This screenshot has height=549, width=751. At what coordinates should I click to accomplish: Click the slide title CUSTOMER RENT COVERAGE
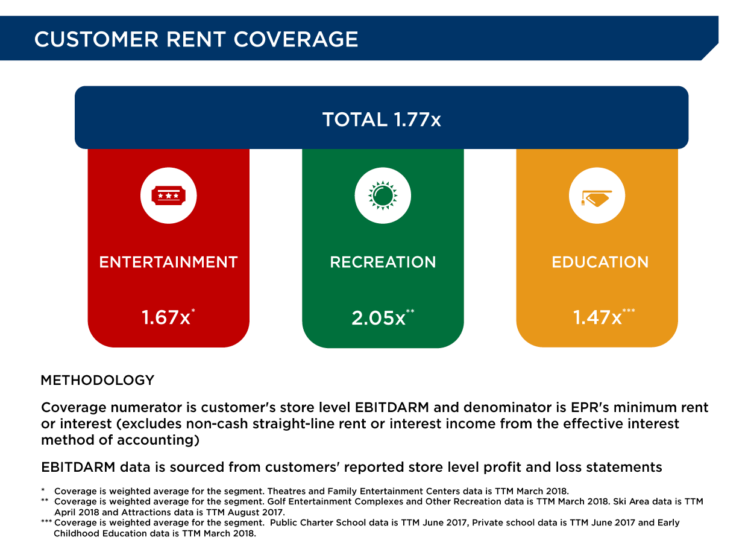[196, 39]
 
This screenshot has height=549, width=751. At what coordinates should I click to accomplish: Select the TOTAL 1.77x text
[382, 119]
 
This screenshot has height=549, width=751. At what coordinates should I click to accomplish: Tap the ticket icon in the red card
[169, 195]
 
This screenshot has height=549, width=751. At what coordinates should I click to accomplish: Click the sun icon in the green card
[383, 195]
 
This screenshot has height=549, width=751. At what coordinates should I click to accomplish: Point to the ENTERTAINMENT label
[169, 262]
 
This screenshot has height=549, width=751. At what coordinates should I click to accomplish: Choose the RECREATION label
[383, 262]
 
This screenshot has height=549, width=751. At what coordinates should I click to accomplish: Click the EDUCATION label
[600, 262]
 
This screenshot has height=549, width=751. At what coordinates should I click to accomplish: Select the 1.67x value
[166, 317]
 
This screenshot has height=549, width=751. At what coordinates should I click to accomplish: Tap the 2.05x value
[379, 318]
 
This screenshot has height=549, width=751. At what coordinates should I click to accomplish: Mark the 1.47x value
[597, 317]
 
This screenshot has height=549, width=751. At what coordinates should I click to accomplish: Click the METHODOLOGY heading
[98, 381]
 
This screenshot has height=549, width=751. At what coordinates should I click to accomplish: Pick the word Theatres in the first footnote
[285, 491]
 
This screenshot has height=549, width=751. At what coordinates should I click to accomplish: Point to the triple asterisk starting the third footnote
[46, 522]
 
